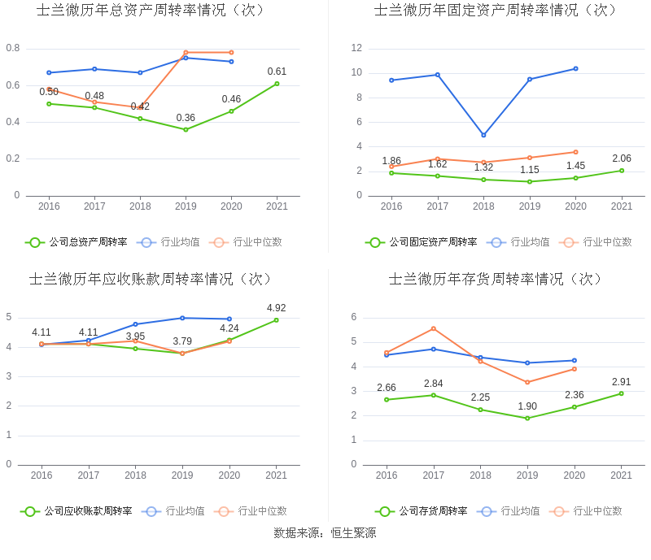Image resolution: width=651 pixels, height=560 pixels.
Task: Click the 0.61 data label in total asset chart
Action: pos(277,72)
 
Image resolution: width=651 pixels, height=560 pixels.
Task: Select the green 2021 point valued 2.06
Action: pos(622,170)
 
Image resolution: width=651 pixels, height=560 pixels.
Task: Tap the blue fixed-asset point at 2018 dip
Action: pos(483,135)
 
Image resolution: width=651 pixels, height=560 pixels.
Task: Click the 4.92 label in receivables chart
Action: pos(277,308)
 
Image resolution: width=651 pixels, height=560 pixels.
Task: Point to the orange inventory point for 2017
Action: pos(434,328)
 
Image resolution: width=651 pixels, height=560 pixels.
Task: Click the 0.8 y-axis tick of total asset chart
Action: pos(13,49)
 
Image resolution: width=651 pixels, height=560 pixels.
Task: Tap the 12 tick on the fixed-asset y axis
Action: pos(356,49)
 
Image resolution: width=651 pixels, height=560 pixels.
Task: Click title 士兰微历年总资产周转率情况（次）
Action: pos(151,11)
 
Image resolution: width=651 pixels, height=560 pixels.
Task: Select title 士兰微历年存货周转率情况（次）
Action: pos(496,279)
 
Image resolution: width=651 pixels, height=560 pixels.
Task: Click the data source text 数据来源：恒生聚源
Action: pos(325,533)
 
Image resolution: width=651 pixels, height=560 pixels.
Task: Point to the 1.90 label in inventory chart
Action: pos(527,406)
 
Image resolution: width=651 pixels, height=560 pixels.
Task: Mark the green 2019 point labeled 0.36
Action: pos(186,129)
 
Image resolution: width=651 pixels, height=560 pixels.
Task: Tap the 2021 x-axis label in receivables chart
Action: pos(277,475)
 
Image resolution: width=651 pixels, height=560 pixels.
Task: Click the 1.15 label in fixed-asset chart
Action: pos(530,170)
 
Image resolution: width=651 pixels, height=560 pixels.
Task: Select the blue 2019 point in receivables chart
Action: pos(182,318)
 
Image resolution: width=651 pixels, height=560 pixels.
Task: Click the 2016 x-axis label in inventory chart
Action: pos(387,475)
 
